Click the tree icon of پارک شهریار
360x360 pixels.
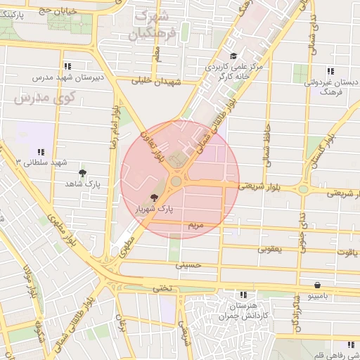pyautogui.click(x=154, y=198)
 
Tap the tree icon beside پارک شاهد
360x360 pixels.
pyautogui.click(x=83, y=172)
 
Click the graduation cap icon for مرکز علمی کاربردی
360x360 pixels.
pyautogui.click(x=233, y=56)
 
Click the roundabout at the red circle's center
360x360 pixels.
pyautogui.click(x=176, y=181)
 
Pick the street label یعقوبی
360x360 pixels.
pyautogui.click(x=269, y=249)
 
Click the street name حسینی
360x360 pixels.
pyautogui.click(x=192, y=266)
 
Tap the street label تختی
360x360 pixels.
pyautogui.click(x=162, y=288)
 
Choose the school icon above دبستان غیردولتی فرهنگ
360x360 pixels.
pyautogui.click(x=330, y=71)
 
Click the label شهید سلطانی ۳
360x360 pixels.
pyautogui.click(x=41, y=162)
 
